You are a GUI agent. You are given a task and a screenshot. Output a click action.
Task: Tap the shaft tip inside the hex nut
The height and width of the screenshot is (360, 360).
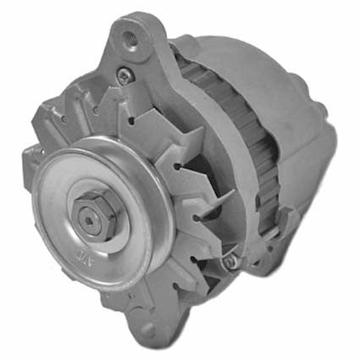(88, 219)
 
